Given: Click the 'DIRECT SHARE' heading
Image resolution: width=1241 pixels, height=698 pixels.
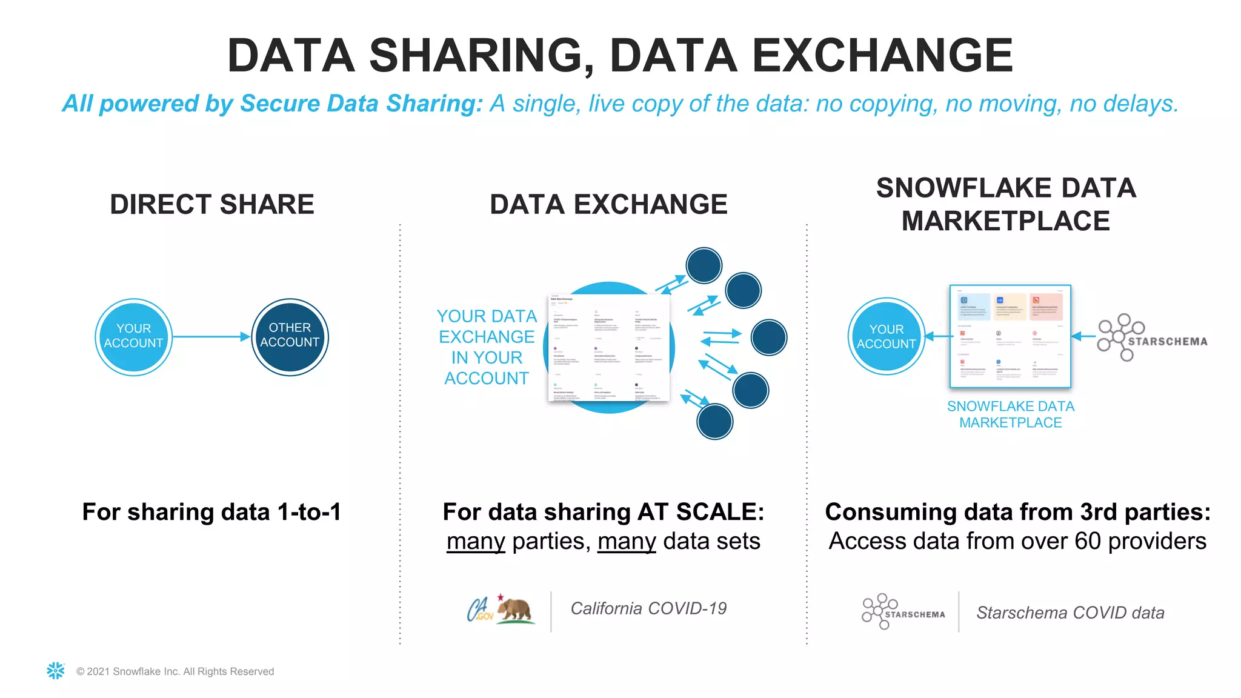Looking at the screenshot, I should [212, 204].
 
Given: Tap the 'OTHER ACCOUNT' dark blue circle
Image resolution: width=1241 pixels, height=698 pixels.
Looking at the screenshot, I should [290, 337].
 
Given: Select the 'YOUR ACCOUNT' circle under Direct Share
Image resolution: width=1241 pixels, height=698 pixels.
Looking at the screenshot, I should [133, 337].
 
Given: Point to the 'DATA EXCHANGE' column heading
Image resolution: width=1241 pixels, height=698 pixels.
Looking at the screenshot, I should [608, 204].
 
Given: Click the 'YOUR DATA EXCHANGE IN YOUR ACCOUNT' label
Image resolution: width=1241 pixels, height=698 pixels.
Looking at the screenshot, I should [487, 347].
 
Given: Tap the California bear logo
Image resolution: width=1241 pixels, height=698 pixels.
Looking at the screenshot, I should [514, 610].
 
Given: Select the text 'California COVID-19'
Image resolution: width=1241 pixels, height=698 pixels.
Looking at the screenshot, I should [648, 608].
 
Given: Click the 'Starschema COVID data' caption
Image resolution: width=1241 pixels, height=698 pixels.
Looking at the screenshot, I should [1070, 613].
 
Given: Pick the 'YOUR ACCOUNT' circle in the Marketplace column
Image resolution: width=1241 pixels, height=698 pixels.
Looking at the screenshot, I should [886, 337].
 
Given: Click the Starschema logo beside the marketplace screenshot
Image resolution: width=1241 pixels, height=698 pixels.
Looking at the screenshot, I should [1151, 338].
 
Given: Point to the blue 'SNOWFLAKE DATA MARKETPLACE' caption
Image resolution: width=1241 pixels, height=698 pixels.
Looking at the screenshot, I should [1010, 414].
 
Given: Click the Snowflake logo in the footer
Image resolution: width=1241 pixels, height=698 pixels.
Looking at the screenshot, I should [56, 671].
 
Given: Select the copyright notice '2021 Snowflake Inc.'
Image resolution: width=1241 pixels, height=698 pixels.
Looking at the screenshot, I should [175, 671].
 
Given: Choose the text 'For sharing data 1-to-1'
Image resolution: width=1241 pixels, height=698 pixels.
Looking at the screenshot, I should [211, 512].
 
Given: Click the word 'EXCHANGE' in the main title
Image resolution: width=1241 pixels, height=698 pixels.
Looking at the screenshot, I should [882, 56].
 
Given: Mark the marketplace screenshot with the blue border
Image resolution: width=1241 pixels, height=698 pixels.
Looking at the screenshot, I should [1010, 336].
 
